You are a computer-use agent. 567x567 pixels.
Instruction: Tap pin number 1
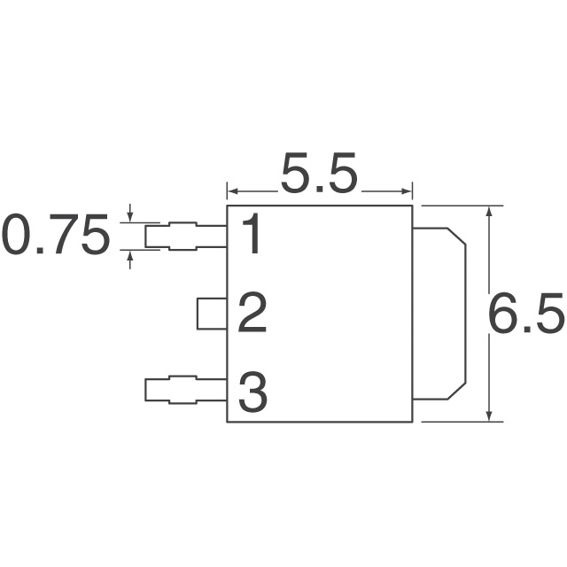point(252,236)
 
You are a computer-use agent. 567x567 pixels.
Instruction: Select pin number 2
point(252,315)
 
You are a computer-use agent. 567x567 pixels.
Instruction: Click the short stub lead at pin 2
point(212,314)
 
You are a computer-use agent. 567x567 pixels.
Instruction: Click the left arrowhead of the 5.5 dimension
point(232,190)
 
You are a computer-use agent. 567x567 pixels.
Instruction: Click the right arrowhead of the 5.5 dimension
point(409,190)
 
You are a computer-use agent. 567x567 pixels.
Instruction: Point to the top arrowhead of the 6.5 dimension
point(491,212)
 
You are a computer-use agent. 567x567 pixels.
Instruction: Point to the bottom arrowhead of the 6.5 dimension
point(491,416)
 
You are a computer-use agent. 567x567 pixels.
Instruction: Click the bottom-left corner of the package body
point(228,422)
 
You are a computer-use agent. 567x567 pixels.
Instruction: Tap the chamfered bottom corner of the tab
point(458,391)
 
